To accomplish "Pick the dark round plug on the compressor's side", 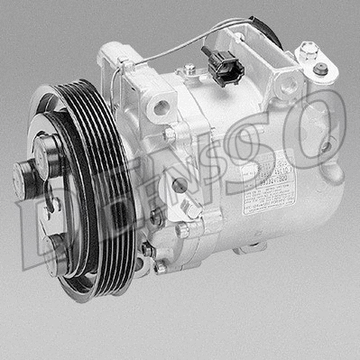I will pyautogui.click(x=180, y=185).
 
